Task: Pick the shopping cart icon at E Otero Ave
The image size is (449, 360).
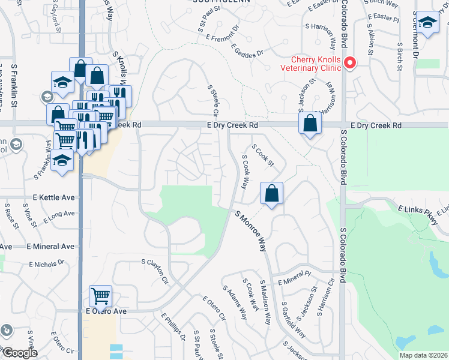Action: [x=100, y=296]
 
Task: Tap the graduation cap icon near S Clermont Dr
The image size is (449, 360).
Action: [x=428, y=23]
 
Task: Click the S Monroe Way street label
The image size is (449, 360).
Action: [x=250, y=230]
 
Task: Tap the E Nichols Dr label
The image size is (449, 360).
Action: [x=47, y=263]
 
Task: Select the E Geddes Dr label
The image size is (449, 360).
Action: [x=247, y=53]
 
